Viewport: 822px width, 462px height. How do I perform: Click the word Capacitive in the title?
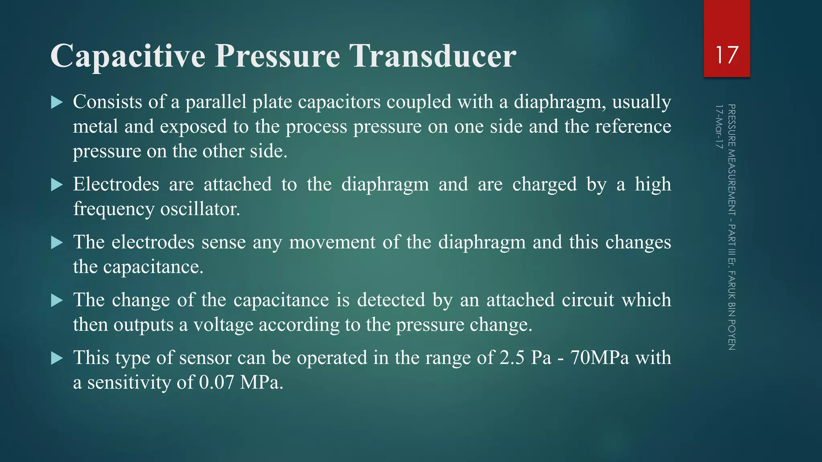(128, 56)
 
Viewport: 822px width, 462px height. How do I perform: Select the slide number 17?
(726, 55)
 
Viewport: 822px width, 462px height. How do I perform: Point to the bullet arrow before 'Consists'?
(57, 102)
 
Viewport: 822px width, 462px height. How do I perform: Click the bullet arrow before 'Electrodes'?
(57, 185)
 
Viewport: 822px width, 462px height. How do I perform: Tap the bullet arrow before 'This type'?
(57, 358)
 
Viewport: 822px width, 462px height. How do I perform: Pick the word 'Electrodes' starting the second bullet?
(116, 184)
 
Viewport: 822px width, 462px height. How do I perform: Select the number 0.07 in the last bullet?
(216, 382)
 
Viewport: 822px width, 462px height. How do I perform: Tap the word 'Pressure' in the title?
(277, 56)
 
